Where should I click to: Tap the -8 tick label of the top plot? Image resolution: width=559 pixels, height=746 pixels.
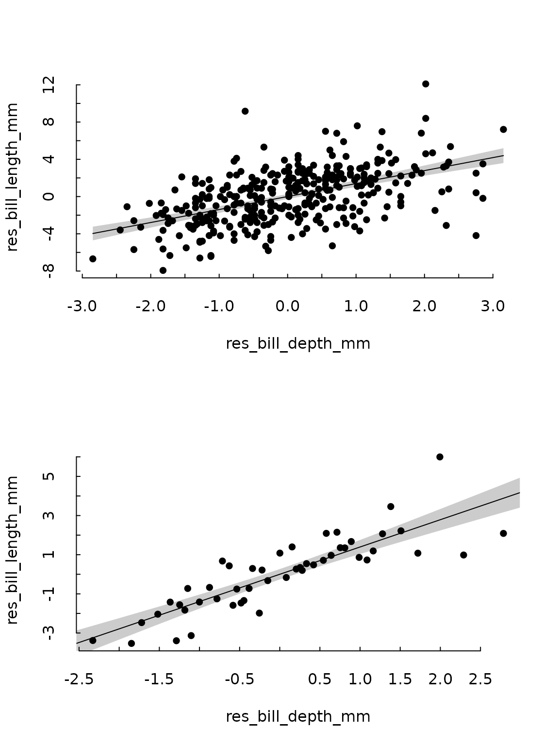(x=48, y=270)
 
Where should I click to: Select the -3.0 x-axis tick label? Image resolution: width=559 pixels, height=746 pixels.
(x=82, y=307)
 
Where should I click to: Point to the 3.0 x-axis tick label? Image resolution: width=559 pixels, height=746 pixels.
(x=493, y=307)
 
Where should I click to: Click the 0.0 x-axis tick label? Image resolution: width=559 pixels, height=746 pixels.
(x=288, y=307)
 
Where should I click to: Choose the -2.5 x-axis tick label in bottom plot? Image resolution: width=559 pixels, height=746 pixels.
(x=79, y=679)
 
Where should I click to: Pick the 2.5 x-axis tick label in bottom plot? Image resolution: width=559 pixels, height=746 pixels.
(x=480, y=679)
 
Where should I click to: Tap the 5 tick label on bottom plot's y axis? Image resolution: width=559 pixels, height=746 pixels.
(x=48, y=476)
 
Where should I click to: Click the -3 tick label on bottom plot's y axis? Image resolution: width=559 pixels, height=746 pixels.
(x=48, y=632)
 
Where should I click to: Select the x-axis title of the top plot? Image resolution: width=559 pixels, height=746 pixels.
(x=298, y=344)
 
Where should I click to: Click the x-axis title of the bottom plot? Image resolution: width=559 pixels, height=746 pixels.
(x=298, y=716)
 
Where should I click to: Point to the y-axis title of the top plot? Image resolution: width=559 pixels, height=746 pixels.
(x=13, y=177)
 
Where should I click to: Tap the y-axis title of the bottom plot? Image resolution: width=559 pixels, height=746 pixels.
(x=13, y=550)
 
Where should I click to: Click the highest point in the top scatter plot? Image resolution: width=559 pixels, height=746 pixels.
(x=426, y=84)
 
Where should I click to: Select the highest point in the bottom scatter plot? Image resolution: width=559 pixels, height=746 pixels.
(x=440, y=457)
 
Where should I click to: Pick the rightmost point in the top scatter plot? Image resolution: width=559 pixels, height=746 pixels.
(x=503, y=129)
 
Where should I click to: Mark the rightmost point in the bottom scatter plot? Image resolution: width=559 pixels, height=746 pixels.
(x=503, y=533)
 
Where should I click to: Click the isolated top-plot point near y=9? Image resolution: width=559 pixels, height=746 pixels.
(x=245, y=111)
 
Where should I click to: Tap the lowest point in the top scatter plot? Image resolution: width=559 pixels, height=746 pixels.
(x=163, y=271)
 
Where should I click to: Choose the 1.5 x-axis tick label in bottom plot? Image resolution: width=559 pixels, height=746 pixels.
(x=400, y=679)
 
